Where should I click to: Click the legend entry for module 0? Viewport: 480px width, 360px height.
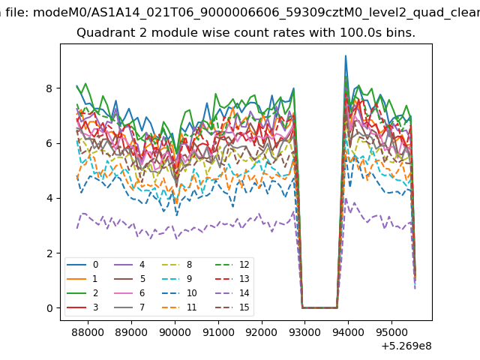click(x=82, y=265)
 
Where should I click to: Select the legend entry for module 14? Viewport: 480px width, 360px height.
click(x=232, y=293)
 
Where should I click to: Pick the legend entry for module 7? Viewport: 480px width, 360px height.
click(x=129, y=307)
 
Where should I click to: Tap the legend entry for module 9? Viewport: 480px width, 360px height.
click(x=177, y=278)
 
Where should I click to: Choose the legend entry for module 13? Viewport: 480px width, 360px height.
click(x=232, y=278)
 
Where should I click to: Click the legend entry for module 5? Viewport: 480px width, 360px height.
click(x=129, y=278)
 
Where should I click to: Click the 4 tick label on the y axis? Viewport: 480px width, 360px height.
click(x=49, y=198)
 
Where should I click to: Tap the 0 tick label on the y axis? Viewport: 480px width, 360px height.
click(x=49, y=308)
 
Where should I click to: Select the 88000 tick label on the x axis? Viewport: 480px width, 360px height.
click(x=88, y=332)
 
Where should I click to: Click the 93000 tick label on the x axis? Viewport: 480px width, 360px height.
click(x=305, y=332)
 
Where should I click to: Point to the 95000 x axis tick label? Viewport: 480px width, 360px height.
click(x=391, y=332)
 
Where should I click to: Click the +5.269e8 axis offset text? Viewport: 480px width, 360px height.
click(x=406, y=346)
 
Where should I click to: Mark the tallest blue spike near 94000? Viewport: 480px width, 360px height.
click(x=346, y=56)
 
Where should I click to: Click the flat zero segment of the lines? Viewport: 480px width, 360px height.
click(x=319, y=307)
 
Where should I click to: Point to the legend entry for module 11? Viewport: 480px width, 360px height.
click(x=177, y=307)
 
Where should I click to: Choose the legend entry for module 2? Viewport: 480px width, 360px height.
click(x=82, y=293)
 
